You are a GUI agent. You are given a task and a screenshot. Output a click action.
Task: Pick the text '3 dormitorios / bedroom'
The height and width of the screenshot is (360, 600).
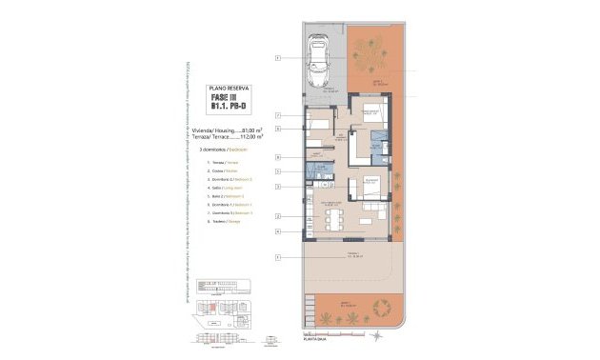[x=216, y=150]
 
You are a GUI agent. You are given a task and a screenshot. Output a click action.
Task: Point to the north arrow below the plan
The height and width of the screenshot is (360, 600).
[x=378, y=335]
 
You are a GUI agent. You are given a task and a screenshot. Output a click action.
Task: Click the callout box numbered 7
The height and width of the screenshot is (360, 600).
[x=276, y=113]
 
